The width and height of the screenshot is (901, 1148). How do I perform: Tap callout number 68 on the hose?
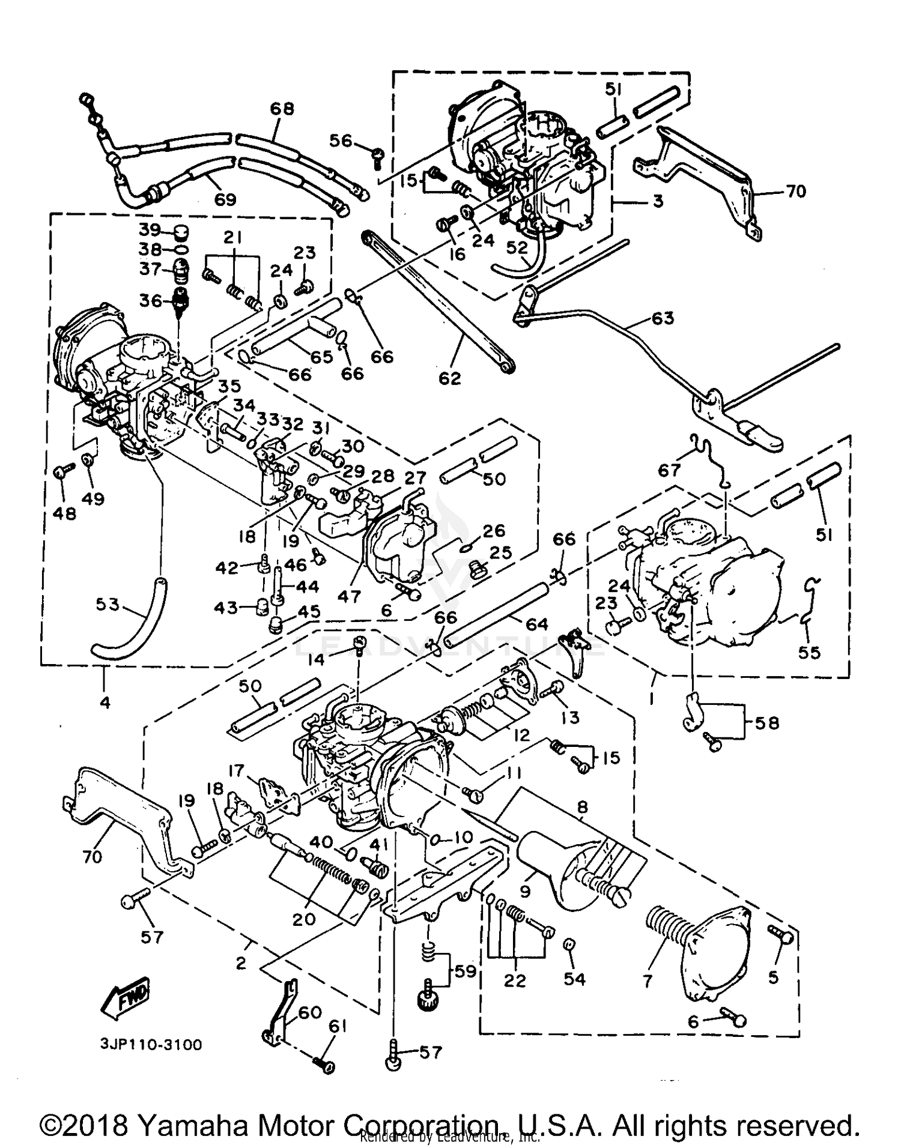[x=282, y=109]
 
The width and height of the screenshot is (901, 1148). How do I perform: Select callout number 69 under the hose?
[x=225, y=199]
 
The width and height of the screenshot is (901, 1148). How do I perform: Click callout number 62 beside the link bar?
[x=449, y=378]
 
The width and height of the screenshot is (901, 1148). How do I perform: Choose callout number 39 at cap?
[x=150, y=230]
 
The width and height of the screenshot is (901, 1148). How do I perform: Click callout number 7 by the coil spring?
[x=647, y=981]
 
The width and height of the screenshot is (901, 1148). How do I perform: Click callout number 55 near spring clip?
[x=809, y=651]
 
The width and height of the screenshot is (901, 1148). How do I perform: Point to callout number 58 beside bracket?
[x=767, y=723]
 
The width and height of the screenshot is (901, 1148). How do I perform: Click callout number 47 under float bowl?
[x=349, y=596]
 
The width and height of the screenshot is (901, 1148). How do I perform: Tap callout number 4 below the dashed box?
[x=105, y=701]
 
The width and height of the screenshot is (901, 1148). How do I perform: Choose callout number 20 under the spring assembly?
[x=304, y=919]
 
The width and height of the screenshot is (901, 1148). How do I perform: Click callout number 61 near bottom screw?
[x=338, y=1027]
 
